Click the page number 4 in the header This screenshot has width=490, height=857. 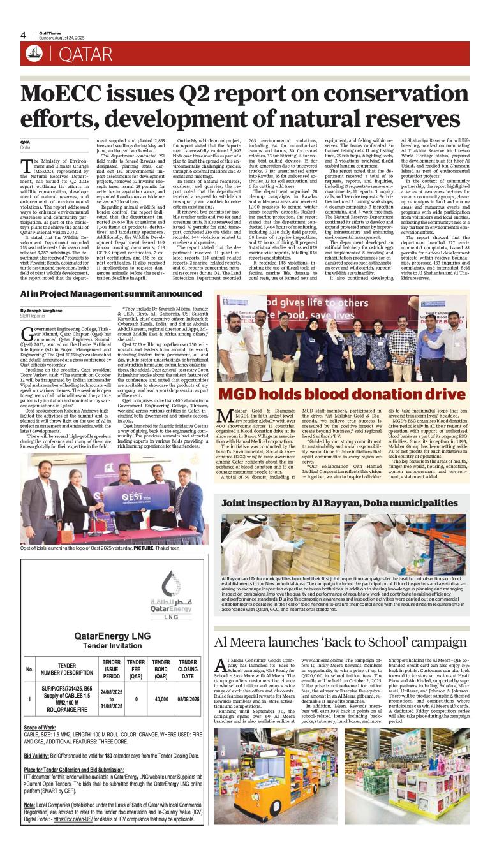click(23, 35)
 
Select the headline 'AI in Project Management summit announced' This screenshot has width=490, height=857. click(102, 295)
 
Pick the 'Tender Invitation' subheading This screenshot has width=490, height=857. click(112, 646)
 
